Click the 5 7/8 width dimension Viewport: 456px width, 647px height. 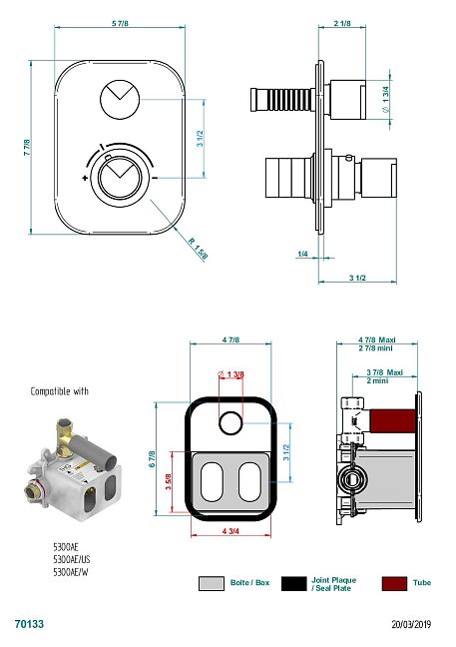[120, 24]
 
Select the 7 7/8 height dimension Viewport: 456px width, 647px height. [27, 148]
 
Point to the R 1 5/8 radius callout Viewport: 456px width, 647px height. [198, 249]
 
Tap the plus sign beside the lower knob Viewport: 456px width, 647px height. [85, 179]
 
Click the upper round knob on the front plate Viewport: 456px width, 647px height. [120, 100]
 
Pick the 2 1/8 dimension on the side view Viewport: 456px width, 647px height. [342, 24]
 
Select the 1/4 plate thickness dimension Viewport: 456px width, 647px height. [302, 254]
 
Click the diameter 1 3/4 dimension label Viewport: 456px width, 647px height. [385, 99]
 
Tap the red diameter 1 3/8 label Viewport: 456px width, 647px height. [230, 374]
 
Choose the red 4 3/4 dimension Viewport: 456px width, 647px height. [230, 531]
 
